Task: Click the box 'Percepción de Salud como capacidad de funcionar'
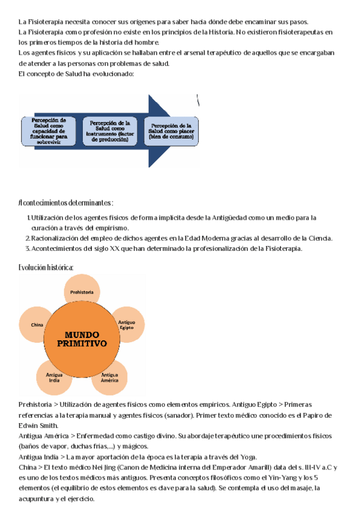point(49,130)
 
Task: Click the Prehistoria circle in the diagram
point(82,292)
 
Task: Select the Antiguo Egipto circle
point(126,325)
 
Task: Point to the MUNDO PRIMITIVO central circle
point(82,339)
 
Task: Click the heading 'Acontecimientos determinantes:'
point(66,203)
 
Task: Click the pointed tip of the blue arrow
point(196,131)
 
